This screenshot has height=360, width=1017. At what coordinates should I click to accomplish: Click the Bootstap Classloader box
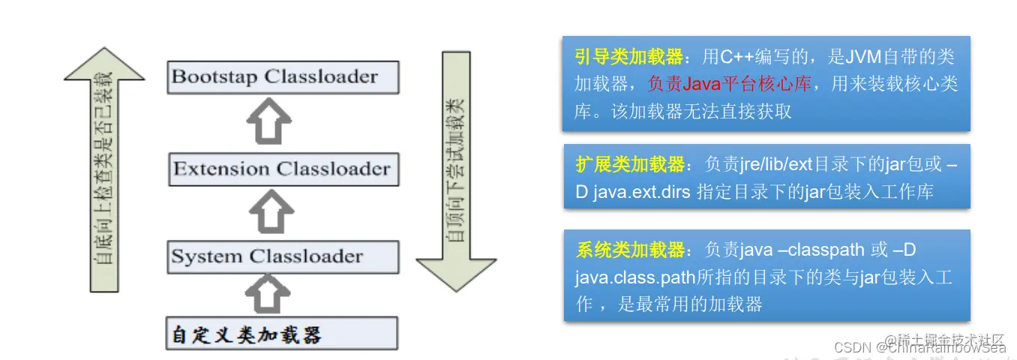click(282, 77)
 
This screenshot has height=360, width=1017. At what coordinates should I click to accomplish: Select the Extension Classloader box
click(282, 169)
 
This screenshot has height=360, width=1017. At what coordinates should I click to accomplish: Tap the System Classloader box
click(282, 256)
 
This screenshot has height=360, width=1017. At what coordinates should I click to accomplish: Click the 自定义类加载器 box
click(282, 334)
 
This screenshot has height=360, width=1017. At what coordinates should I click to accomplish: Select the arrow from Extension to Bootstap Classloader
click(267, 121)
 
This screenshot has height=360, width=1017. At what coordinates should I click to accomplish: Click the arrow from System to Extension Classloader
click(267, 212)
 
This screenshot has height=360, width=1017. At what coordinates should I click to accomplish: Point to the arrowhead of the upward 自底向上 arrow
click(103, 64)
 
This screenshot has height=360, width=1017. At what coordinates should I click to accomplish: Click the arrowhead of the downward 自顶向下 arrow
click(456, 270)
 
